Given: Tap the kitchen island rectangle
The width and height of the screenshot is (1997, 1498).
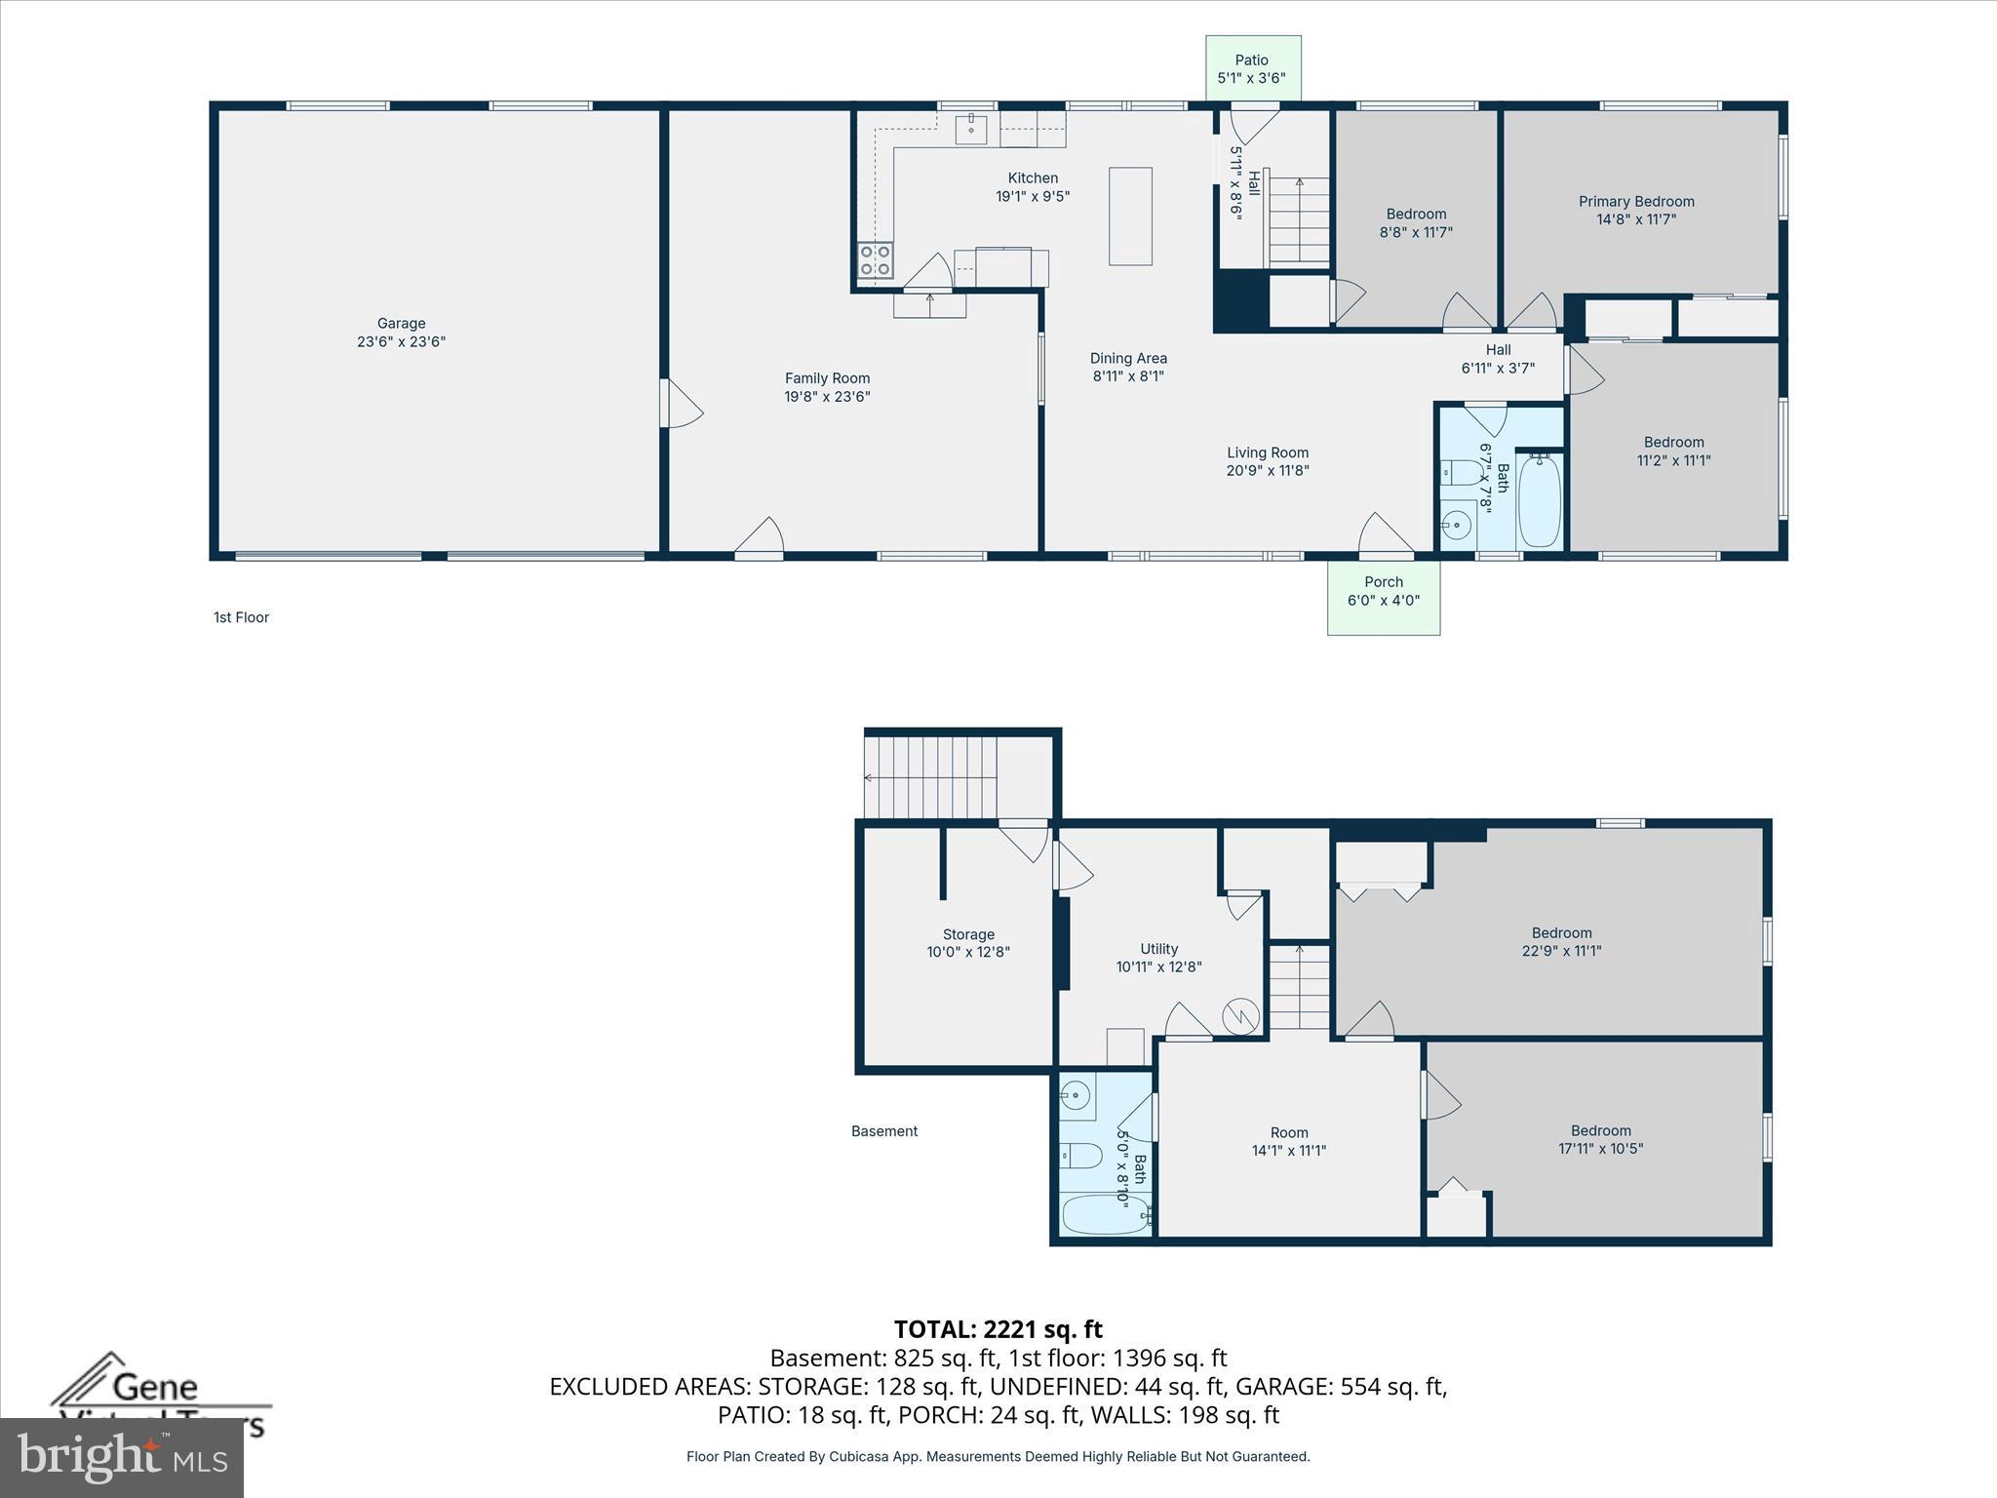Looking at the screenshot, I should click(x=1130, y=217).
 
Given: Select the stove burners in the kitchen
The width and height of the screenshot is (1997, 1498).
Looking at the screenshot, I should click(x=875, y=260).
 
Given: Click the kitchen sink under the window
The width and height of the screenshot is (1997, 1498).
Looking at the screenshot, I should click(x=971, y=129).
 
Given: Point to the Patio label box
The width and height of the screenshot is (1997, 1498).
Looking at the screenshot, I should click(x=1252, y=68).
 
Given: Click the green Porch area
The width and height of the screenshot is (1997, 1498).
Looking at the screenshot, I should click(x=1383, y=597).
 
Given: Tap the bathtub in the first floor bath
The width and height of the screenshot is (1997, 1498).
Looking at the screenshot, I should click(x=1540, y=500).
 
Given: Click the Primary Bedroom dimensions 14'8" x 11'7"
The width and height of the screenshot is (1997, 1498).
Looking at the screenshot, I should click(x=1636, y=219).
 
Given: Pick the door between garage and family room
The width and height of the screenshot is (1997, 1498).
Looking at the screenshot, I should click(x=680, y=404).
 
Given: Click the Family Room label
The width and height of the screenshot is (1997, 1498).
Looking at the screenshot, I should click(x=827, y=378).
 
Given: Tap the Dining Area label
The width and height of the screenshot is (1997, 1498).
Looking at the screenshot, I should click(x=1128, y=358).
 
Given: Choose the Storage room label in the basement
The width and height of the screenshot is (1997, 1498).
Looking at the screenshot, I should click(x=967, y=934).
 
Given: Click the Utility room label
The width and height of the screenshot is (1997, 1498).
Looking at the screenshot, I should click(x=1158, y=949).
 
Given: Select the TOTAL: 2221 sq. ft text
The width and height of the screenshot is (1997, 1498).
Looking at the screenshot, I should click(x=998, y=1329).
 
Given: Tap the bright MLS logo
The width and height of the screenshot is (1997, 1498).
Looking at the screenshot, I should click(x=122, y=1458).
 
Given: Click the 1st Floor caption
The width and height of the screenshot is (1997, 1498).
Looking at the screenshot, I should click(x=241, y=617).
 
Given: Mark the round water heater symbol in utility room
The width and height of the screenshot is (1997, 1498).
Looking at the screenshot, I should click(x=1240, y=1017).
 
